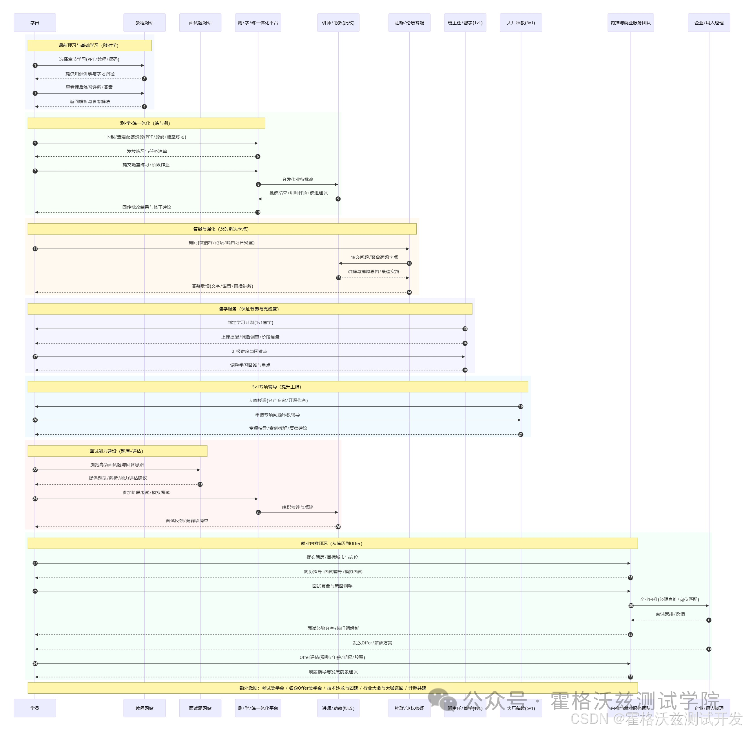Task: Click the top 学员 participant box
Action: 34,23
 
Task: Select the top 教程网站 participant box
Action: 144,23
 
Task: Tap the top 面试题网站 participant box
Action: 200,23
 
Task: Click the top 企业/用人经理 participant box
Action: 709,23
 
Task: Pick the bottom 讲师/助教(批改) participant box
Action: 338,708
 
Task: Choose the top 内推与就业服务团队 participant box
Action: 630,23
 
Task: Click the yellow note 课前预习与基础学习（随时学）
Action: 90,45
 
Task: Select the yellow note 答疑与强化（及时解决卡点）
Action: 222,229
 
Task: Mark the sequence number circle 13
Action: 338,277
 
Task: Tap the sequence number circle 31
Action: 709,620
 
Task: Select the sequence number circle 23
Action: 200,484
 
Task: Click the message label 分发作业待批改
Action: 298,179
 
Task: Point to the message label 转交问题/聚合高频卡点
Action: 374,257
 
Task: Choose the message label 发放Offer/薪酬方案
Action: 372,643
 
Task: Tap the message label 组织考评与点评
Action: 298,507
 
